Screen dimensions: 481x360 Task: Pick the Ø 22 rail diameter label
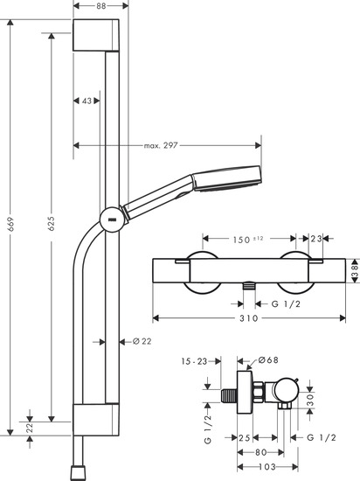[140, 340]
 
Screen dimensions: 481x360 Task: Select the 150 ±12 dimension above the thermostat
[252, 238]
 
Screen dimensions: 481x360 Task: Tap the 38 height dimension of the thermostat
[353, 273]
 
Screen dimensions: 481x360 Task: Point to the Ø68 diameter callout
[267, 360]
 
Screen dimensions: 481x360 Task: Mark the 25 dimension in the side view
[246, 437]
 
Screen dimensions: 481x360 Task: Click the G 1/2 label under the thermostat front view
[280, 303]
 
